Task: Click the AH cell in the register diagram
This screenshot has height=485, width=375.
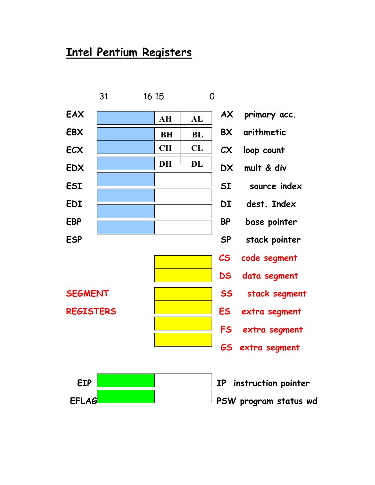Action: pyautogui.click(x=165, y=119)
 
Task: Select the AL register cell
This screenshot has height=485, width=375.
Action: pyautogui.click(x=197, y=119)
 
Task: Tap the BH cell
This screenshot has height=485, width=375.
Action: pyautogui.click(x=166, y=134)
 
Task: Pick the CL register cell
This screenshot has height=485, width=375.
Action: pyautogui.click(x=197, y=148)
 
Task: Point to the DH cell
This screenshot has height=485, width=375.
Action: pyautogui.click(x=165, y=164)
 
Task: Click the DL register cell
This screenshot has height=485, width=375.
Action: pyautogui.click(x=197, y=164)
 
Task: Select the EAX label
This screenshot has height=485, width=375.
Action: pyautogui.click(x=75, y=115)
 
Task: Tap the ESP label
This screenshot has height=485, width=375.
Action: pyautogui.click(x=74, y=239)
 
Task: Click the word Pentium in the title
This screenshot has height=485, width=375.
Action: pyautogui.click(x=117, y=52)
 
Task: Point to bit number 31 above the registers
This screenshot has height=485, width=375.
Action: pyautogui.click(x=104, y=97)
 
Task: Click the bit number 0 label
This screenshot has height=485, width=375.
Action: pyautogui.click(x=212, y=97)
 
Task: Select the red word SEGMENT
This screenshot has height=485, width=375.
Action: pyautogui.click(x=88, y=293)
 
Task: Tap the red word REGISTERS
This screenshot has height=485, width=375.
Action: pyautogui.click(x=91, y=311)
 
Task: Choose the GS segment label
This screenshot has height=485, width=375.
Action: pyautogui.click(x=226, y=347)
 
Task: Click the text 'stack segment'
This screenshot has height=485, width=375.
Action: pyautogui.click(x=277, y=294)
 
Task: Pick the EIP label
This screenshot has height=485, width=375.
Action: pyautogui.click(x=84, y=383)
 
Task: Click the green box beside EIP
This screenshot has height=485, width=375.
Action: pyautogui.click(x=126, y=381)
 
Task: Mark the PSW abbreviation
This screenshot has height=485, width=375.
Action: pyautogui.click(x=226, y=401)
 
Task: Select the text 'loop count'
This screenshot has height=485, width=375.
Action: pyautogui.click(x=264, y=150)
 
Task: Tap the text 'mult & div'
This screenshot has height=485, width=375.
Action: pyautogui.click(x=265, y=168)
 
